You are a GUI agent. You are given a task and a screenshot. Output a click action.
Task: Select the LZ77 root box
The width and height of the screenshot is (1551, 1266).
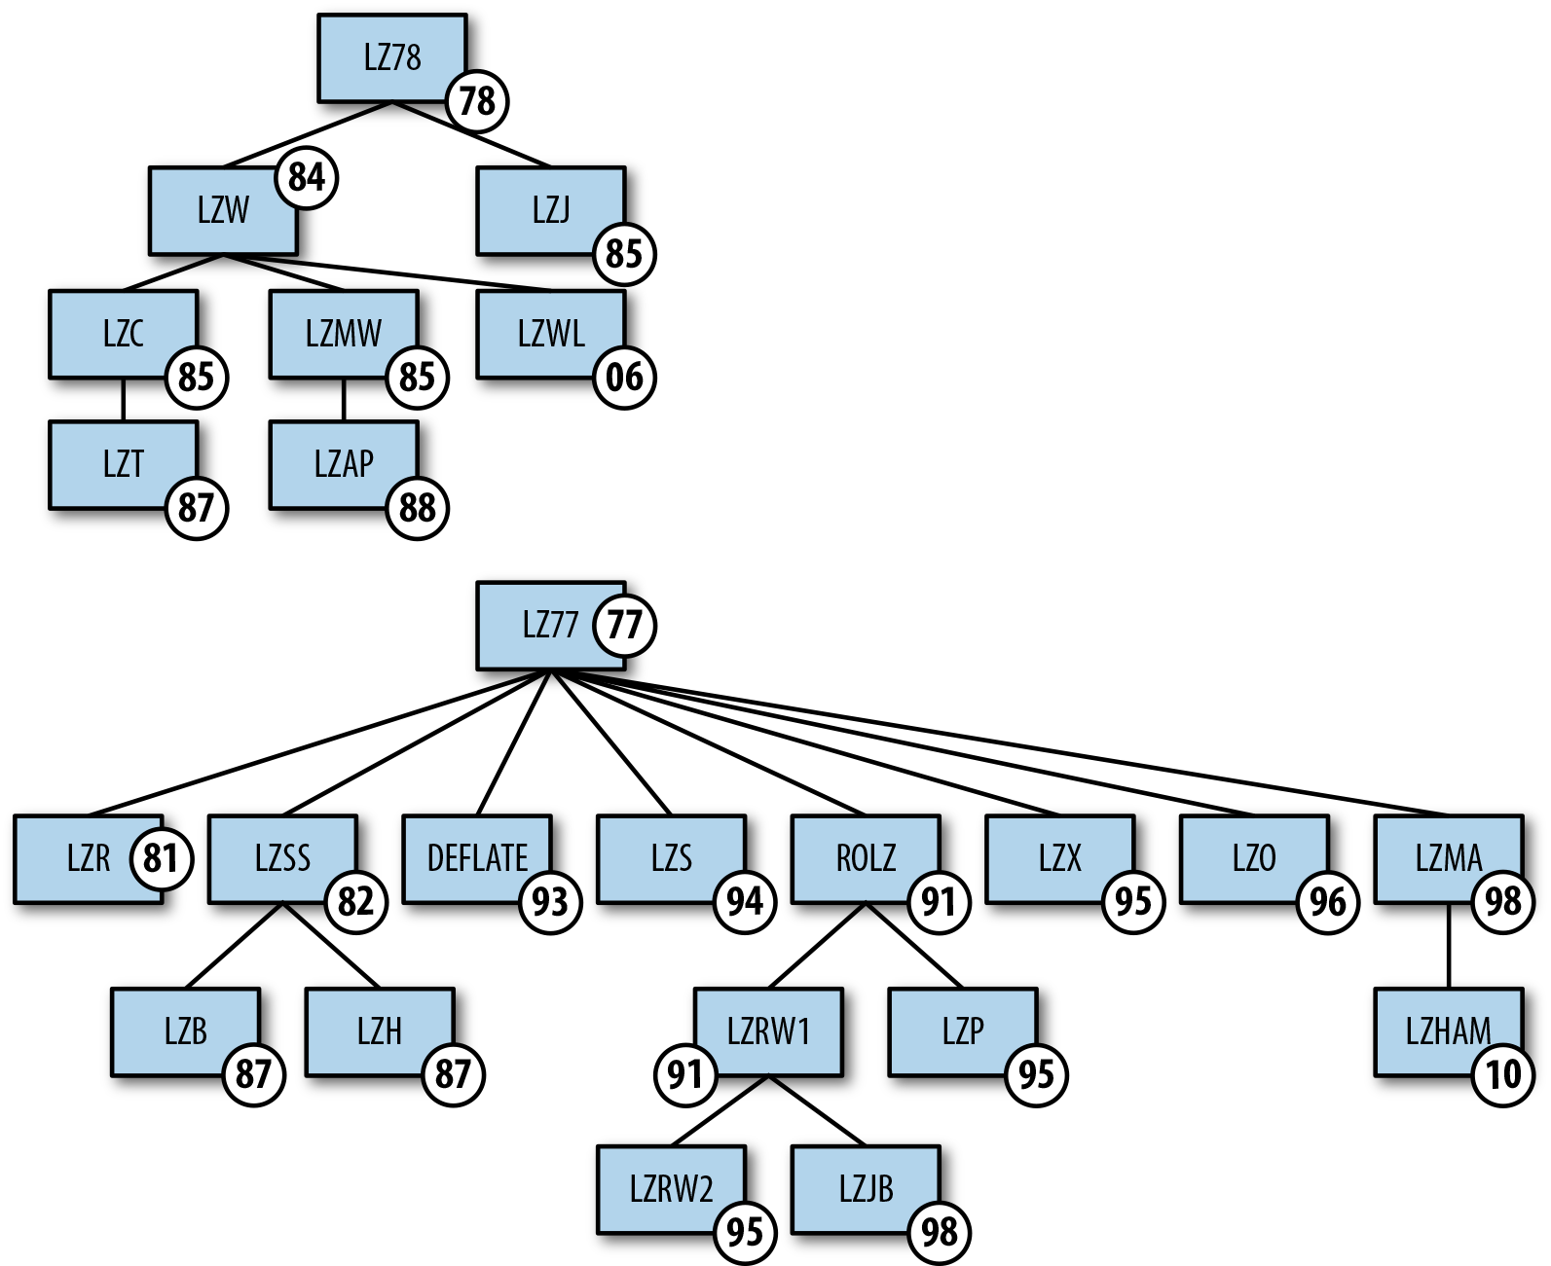(540, 625)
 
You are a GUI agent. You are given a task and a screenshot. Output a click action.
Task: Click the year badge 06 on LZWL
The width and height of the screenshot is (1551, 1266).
(624, 378)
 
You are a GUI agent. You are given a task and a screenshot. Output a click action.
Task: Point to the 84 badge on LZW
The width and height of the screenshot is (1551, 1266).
(307, 178)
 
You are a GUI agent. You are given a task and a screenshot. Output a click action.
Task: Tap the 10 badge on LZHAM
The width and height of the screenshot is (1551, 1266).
(1502, 1074)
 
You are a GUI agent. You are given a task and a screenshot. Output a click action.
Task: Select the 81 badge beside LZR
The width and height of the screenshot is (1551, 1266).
(161, 858)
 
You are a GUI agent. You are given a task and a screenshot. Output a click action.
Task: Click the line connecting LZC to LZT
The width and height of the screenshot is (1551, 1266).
(124, 400)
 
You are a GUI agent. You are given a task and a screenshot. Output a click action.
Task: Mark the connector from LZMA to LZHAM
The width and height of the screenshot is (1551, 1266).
(1449, 947)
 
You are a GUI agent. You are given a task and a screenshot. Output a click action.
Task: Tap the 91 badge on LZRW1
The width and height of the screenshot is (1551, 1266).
(685, 1074)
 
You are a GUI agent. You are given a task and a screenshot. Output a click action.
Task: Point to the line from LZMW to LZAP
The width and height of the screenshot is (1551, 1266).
(344, 400)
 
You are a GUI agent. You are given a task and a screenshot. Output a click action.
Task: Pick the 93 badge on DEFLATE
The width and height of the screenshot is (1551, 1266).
(550, 902)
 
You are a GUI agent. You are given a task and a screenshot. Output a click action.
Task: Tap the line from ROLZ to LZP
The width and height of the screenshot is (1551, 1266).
(914, 946)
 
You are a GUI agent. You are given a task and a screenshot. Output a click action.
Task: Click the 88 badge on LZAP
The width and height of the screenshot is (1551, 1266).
(418, 508)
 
